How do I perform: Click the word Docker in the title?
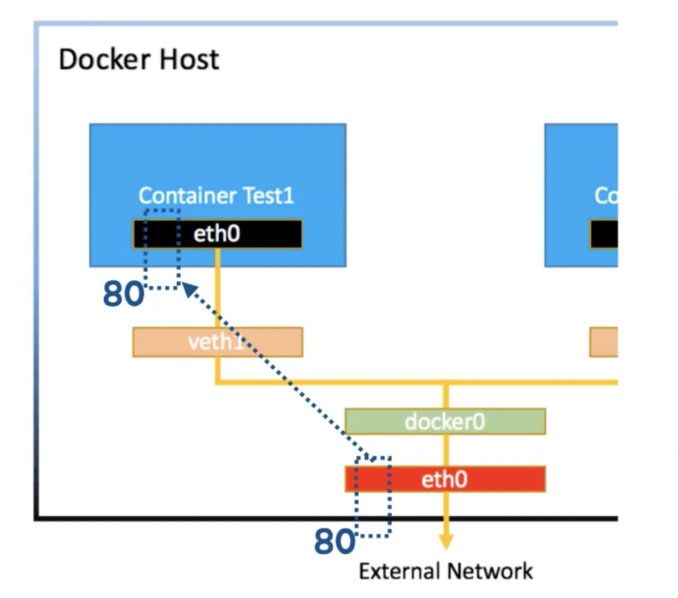[x=96, y=59]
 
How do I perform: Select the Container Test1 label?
[x=216, y=196]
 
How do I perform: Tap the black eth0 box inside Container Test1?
[x=241, y=234]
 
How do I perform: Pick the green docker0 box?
[x=444, y=422]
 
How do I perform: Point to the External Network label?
[x=445, y=571]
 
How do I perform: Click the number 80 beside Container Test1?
[x=122, y=294]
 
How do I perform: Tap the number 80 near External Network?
[x=334, y=541]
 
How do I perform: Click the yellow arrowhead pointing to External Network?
[x=445, y=542]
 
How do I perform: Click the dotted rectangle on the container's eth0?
[x=161, y=249]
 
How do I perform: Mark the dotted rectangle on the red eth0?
[x=373, y=497]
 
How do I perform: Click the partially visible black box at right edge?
[x=604, y=234]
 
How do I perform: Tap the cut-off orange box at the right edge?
[x=604, y=342]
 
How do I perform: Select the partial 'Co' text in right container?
[x=606, y=196]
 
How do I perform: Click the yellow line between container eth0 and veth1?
[x=218, y=288]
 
